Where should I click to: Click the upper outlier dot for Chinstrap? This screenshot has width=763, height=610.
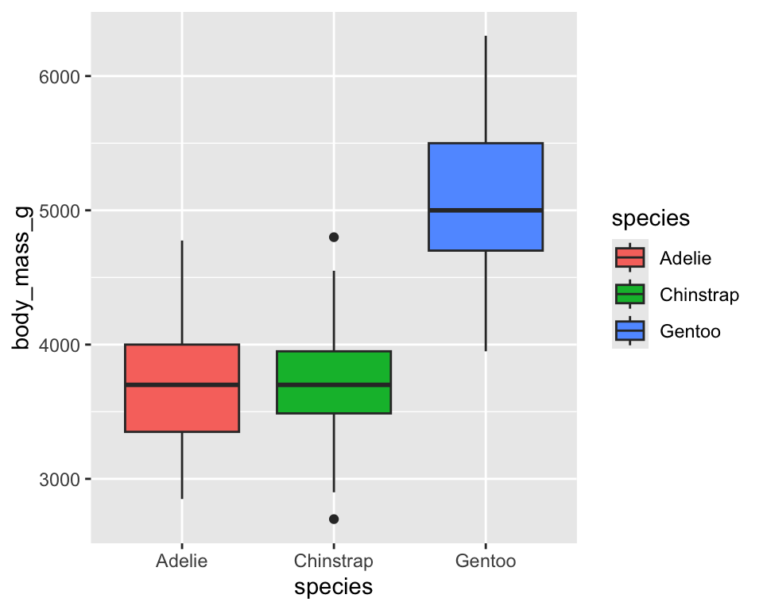[334, 237]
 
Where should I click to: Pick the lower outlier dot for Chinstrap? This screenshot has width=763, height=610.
[334, 519]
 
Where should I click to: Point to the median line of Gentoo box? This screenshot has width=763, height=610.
[485, 210]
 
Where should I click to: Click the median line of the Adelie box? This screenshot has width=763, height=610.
[182, 384]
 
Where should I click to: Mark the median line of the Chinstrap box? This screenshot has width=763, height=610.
[334, 384]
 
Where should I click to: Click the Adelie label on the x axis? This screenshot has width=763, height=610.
[182, 562]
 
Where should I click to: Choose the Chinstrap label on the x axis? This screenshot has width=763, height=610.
[334, 562]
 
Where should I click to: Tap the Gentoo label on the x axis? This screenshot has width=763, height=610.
[485, 562]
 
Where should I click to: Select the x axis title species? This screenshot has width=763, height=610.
[334, 588]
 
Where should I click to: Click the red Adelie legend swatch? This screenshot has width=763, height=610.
[629, 257]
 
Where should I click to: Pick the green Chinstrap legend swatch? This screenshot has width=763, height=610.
[629, 295]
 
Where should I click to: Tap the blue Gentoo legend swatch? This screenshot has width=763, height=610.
[629, 331]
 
